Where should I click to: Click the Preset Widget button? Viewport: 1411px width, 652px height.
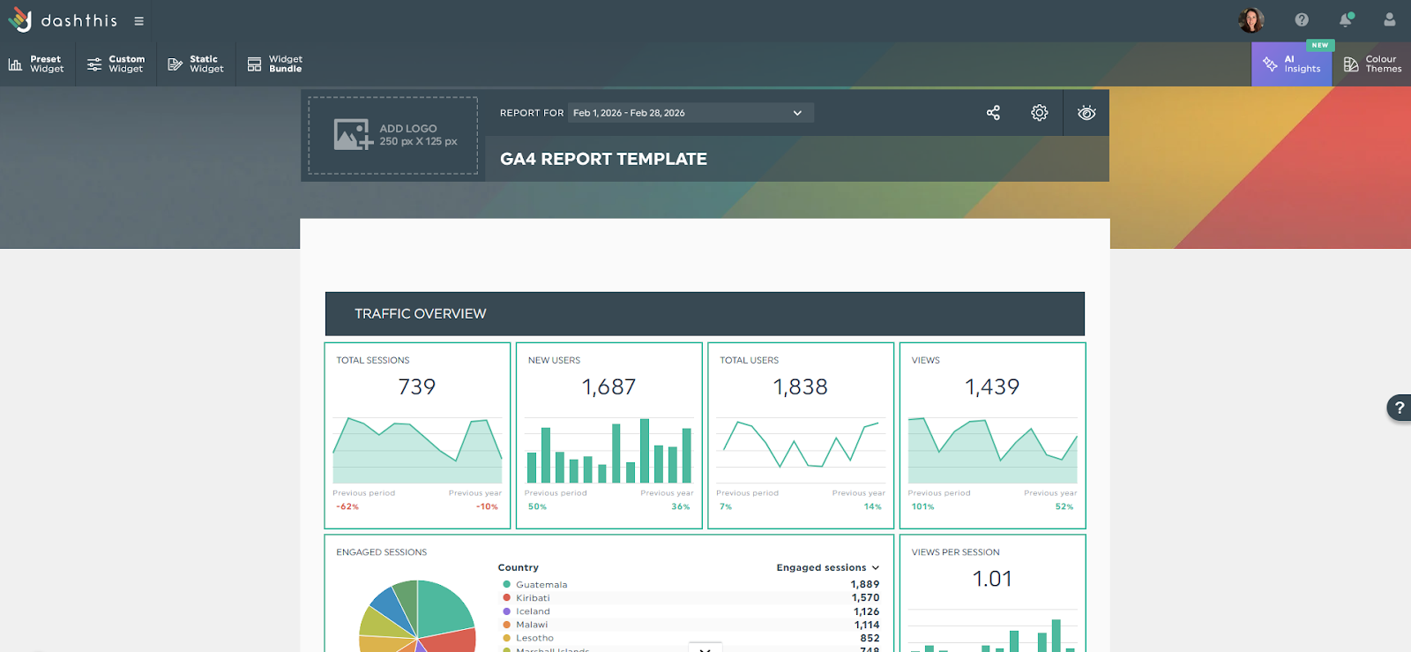click(x=37, y=64)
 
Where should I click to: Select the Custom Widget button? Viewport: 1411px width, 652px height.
click(x=116, y=64)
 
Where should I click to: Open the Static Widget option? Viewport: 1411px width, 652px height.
click(x=196, y=64)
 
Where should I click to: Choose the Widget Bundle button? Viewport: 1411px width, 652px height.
click(x=274, y=64)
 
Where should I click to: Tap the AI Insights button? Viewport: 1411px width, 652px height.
click(x=1292, y=64)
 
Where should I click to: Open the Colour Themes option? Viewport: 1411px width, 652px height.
click(x=1372, y=64)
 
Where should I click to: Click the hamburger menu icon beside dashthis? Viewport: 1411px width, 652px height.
click(x=138, y=21)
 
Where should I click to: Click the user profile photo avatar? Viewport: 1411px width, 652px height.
click(x=1250, y=20)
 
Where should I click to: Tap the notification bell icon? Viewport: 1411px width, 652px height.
click(x=1346, y=20)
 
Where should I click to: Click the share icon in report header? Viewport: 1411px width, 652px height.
click(x=993, y=113)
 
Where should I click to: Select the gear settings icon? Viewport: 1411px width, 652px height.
click(x=1040, y=113)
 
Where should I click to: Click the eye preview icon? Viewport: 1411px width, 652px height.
click(x=1086, y=113)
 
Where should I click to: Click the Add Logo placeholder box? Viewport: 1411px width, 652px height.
click(x=393, y=136)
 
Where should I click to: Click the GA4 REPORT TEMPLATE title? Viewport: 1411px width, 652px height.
click(x=603, y=160)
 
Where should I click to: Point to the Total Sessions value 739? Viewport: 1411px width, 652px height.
click(x=417, y=387)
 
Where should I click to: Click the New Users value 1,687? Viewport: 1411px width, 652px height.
click(x=608, y=387)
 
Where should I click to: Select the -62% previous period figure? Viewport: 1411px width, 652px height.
click(x=347, y=507)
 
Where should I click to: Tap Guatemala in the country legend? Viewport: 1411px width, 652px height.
click(x=541, y=585)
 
